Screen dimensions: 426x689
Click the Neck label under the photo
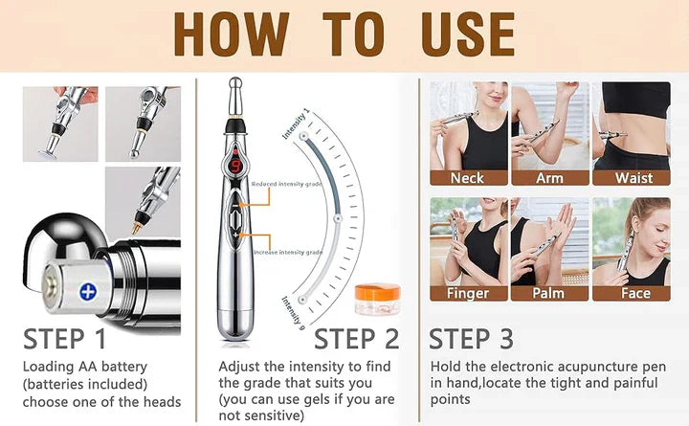click(467, 178)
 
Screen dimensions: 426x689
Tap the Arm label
click(548, 178)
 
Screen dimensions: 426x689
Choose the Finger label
click(467, 293)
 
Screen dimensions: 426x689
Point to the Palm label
click(548, 293)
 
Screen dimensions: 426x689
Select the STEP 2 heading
click(356, 339)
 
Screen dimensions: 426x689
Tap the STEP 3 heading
click(471, 339)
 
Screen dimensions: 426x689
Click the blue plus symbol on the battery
click(88, 292)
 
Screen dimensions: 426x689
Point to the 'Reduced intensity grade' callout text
click(288, 183)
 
